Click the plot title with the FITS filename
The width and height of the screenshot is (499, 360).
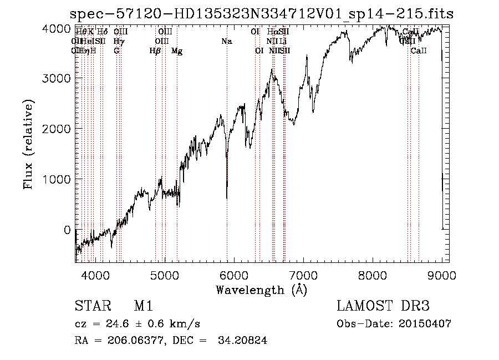pos(261,14)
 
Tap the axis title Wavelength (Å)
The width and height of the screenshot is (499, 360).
pos(261,290)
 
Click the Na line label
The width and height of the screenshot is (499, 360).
pos(226,42)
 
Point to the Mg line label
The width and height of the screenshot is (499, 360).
pos(177,51)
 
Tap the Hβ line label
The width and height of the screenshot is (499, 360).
pos(155,51)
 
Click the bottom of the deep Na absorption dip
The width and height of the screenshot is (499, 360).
pos(227,198)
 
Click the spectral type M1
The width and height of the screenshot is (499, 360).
pos(143,306)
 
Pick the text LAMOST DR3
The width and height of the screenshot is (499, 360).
pos(383,306)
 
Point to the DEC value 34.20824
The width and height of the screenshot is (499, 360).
pos(244,341)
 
